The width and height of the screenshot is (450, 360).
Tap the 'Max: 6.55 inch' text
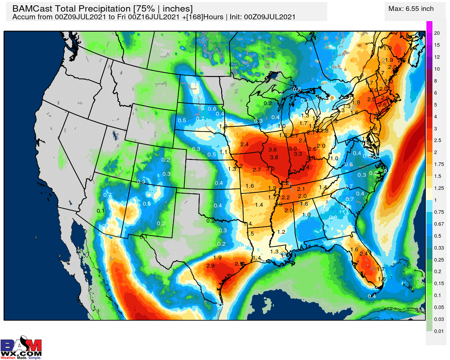(x=411, y=9)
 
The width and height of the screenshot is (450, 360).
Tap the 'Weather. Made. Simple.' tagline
(x=21, y=358)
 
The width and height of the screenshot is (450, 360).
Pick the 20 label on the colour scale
(x=437, y=33)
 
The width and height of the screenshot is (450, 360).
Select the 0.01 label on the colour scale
(x=438, y=331)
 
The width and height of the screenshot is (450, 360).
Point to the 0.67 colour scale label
(x=439, y=224)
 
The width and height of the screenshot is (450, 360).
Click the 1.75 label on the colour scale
(x=439, y=164)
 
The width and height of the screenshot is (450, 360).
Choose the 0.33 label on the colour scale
(x=439, y=248)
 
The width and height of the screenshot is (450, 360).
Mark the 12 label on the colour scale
(x=437, y=57)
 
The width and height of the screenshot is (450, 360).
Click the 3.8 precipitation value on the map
(x=274, y=157)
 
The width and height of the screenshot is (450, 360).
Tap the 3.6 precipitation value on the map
(x=272, y=150)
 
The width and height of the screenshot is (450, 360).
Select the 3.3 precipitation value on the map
(x=298, y=154)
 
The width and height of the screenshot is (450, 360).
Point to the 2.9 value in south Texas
(x=210, y=266)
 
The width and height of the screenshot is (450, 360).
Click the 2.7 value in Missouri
(x=257, y=170)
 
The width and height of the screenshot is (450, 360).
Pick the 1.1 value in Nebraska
(x=223, y=152)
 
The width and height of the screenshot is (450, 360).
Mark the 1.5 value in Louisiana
(x=250, y=234)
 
